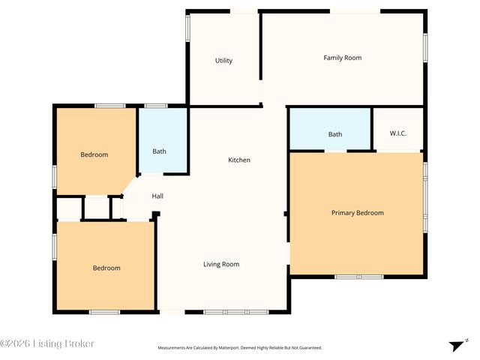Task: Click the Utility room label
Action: tap(223, 61)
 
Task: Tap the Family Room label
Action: tap(342, 58)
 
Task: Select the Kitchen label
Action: tap(239, 160)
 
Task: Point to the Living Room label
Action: tap(221, 264)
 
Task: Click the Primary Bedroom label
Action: tap(357, 213)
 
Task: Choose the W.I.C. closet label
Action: tap(397, 133)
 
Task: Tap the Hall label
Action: tap(157, 196)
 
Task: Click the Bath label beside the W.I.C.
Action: tap(334, 134)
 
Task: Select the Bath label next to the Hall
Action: tap(159, 151)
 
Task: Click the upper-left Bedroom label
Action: tap(94, 155)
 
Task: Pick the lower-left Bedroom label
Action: tap(106, 268)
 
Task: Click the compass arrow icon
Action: tap(456, 345)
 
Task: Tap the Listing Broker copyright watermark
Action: tap(47, 343)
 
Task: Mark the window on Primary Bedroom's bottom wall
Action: tap(358, 277)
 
